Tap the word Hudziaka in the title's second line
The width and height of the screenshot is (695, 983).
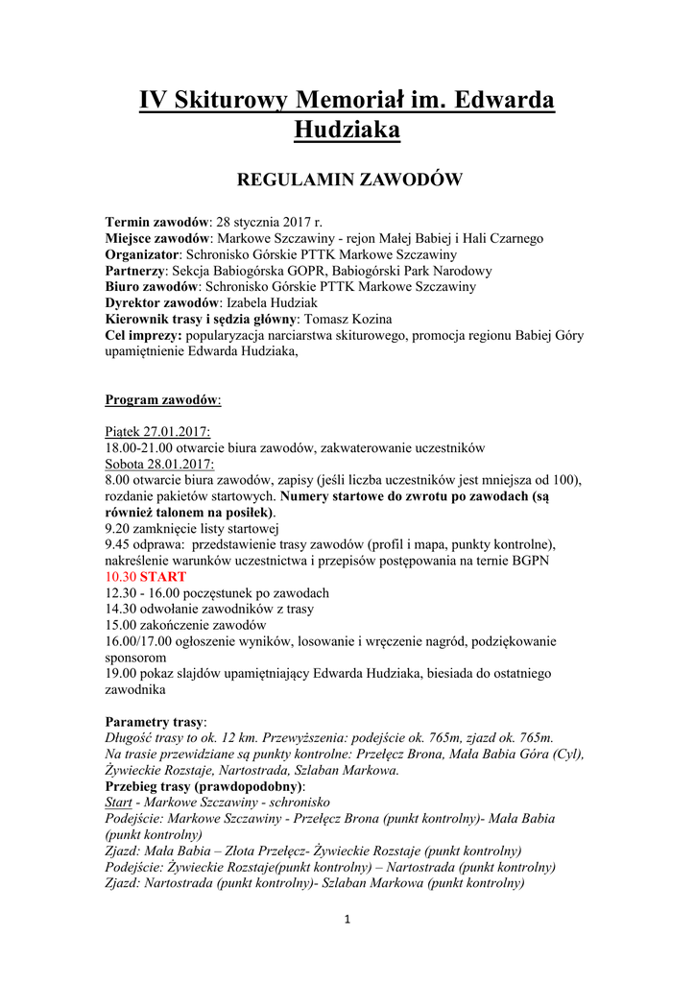(x=347, y=129)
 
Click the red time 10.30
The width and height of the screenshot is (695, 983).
(x=120, y=577)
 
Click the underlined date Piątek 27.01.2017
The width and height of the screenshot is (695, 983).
(x=157, y=431)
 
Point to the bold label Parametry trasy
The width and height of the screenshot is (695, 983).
(x=155, y=721)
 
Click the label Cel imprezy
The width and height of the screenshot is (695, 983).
(x=143, y=335)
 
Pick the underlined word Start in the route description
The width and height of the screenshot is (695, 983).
(x=118, y=802)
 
